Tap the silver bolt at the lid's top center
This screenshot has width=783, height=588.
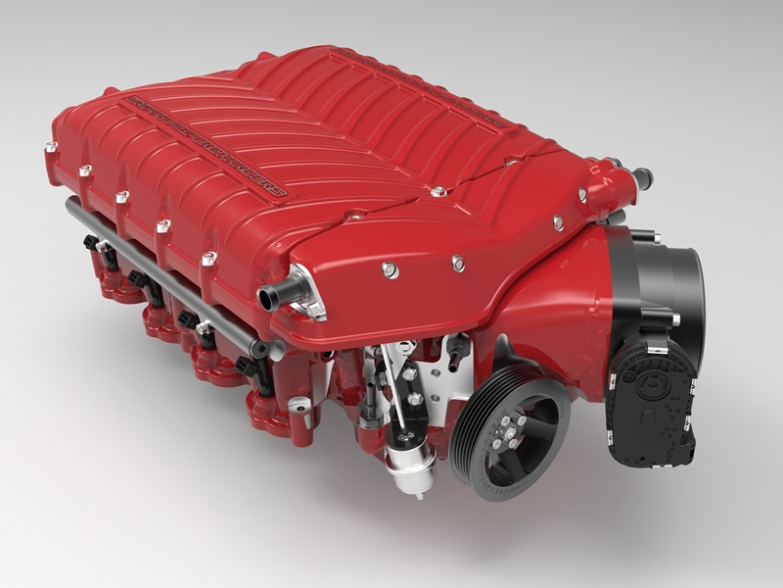coord(437,191)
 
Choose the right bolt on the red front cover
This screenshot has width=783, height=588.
coord(457,262)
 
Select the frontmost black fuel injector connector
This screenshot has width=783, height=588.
coord(250,367)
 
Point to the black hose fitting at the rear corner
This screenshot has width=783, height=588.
coord(641,179)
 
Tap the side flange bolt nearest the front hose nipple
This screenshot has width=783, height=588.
coord(208,259)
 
